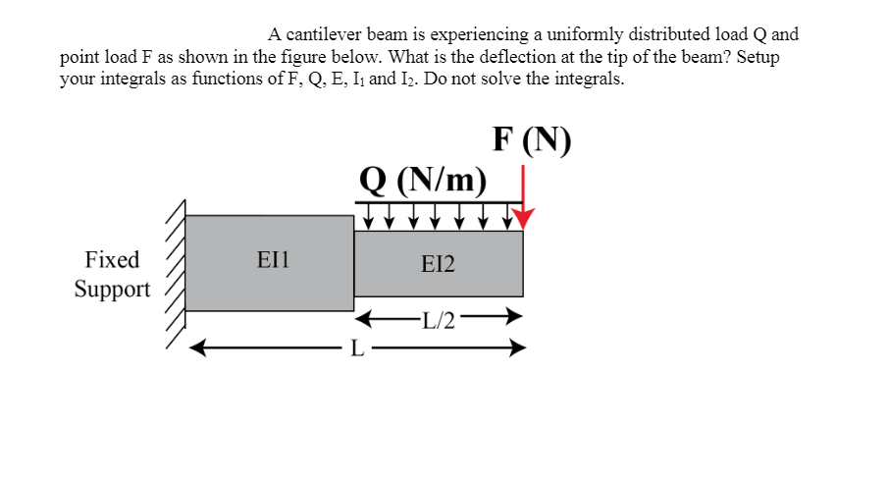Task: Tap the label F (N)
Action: coord(532,140)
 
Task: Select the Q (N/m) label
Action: coord(423,180)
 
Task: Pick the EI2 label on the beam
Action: coord(438,263)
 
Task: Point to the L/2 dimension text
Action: coord(438,319)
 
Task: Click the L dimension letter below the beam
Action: coord(358,347)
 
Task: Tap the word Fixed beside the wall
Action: coord(113,260)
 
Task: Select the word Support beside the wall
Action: coord(113,290)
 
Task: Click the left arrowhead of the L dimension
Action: coord(196,347)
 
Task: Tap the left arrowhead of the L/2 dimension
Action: coord(362,318)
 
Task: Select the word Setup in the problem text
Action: coord(757,57)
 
